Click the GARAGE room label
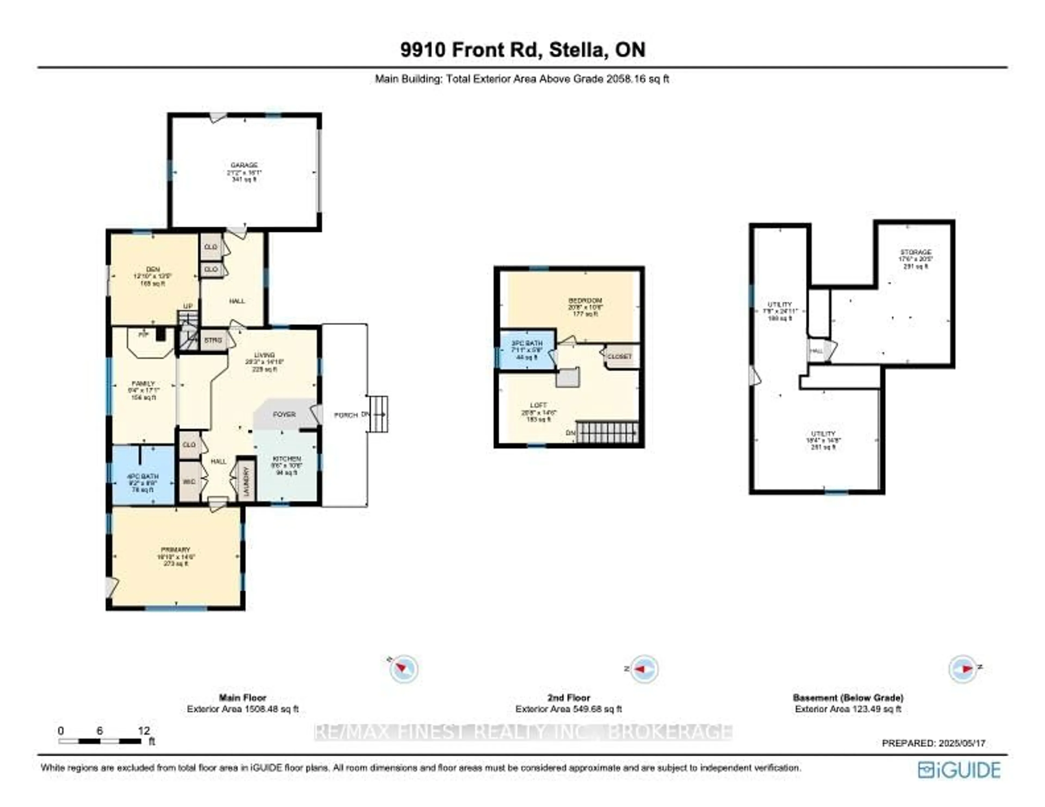[x=244, y=165]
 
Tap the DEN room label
[x=153, y=269]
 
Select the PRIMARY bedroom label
[x=176, y=550]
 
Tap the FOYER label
[x=284, y=414]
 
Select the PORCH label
[x=345, y=415]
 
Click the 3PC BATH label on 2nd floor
[x=527, y=343]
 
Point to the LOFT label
[x=538, y=405]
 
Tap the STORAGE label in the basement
[x=916, y=252]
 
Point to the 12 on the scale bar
[x=143, y=731]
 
